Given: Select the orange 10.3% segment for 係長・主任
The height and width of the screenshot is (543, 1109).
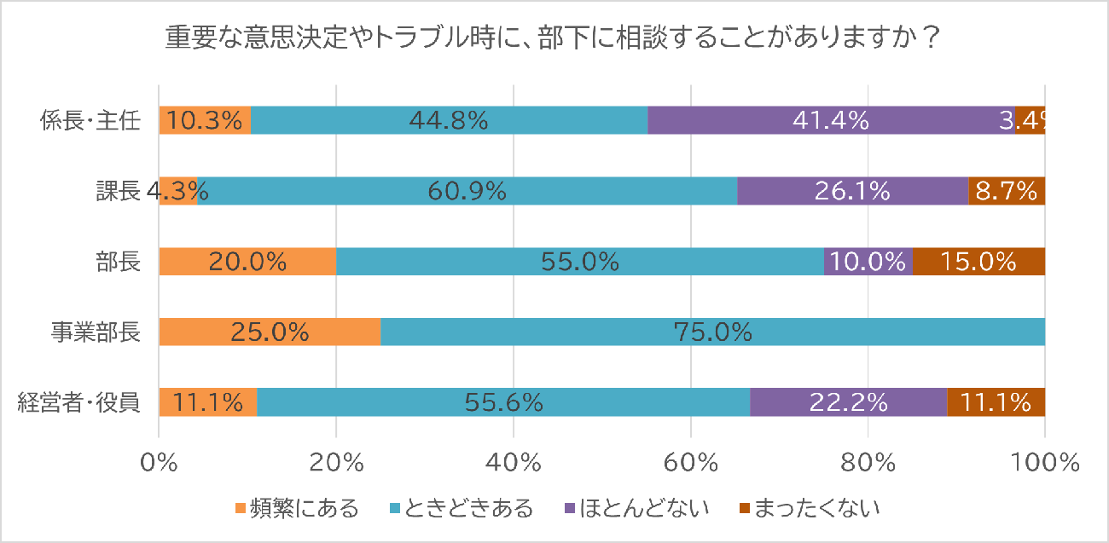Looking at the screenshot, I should [x=205, y=121].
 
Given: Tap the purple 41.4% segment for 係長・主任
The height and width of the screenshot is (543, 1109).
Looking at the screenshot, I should [x=831, y=121].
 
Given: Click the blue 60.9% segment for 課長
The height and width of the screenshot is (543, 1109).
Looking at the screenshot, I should [x=467, y=192].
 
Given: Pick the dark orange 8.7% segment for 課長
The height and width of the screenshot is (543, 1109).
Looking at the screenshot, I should [x=1007, y=192].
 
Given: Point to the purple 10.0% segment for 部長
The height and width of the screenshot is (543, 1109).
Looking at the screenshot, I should [x=868, y=262].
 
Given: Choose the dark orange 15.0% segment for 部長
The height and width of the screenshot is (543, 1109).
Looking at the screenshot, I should [x=978, y=262].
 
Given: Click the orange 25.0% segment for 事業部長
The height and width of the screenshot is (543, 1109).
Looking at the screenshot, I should [x=270, y=332].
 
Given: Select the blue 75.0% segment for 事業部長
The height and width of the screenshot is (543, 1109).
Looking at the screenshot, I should [x=712, y=332].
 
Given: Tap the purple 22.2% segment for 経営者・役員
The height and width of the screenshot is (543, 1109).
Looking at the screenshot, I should [x=849, y=401].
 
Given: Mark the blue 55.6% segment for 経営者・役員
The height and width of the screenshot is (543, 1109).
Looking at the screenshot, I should [x=503, y=401].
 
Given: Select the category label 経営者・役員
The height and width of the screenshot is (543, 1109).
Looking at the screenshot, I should [x=78, y=401].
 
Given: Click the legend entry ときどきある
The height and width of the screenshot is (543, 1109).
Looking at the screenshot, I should [x=460, y=510].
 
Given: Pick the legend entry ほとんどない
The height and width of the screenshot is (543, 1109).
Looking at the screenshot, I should [x=636, y=510].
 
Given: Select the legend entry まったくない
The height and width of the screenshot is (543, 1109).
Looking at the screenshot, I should [x=807, y=510].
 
